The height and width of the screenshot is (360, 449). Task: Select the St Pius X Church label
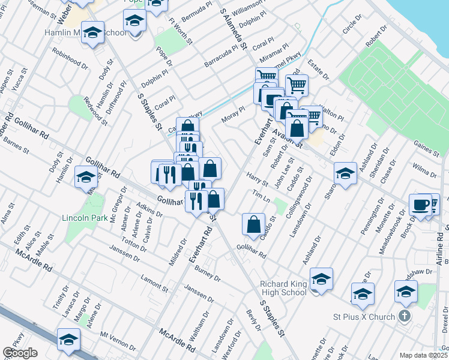[x=364, y=317]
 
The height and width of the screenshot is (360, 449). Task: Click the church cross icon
[x=405, y=316]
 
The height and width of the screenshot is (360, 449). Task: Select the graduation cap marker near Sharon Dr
[x=345, y=174]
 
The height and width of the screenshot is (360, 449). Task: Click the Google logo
[x=20, y=353]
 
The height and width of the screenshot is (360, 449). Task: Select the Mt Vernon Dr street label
[x=118, y=341]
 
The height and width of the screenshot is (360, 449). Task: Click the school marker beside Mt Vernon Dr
[x=68, y=339]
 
